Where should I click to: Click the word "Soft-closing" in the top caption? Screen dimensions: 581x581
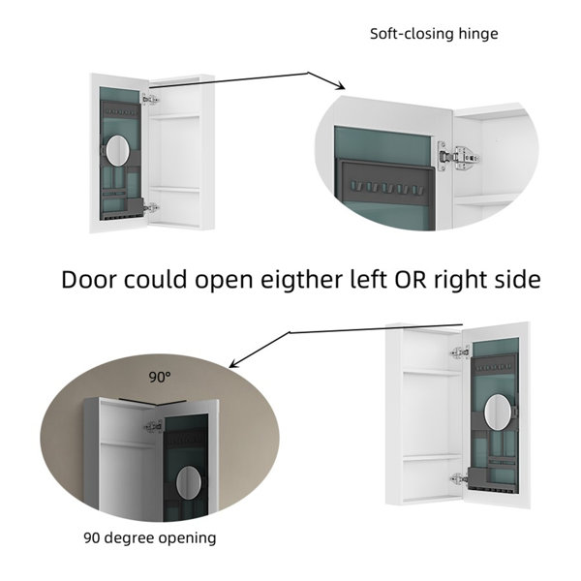pos(412,34)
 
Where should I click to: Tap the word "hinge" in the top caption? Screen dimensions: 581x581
pos(478,35)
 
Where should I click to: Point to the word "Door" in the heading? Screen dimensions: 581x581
pos(89,280)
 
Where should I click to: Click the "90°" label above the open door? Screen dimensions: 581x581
pos(160,378)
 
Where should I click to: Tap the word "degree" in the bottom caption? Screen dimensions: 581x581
pos(133,538)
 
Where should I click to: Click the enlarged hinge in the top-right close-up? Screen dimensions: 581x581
pos(458,158)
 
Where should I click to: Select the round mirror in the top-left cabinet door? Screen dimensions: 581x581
pos(118,151)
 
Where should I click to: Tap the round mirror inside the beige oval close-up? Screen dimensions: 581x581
pos(189,482)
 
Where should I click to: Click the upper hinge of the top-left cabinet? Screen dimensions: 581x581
pos(150,100)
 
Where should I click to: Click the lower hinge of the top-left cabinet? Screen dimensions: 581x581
pos(152,208)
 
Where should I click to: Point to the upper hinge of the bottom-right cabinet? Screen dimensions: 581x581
pos(461,352)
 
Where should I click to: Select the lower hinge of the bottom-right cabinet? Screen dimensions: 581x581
pos(458,478)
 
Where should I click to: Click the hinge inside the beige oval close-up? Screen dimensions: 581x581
pos(154,427)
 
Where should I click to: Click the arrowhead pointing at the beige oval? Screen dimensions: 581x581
pos(233,364)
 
